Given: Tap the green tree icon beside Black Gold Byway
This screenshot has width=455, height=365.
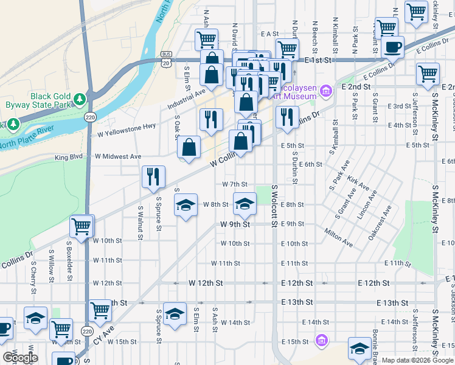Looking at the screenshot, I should [79, 99].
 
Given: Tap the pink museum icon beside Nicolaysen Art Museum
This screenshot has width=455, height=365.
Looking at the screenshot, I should [326, 92].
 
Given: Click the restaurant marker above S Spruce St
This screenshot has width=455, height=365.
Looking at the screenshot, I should [153, 177].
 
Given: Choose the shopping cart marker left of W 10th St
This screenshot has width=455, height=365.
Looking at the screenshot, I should [82, 226].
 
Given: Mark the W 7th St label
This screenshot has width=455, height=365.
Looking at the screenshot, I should [235, 184].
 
